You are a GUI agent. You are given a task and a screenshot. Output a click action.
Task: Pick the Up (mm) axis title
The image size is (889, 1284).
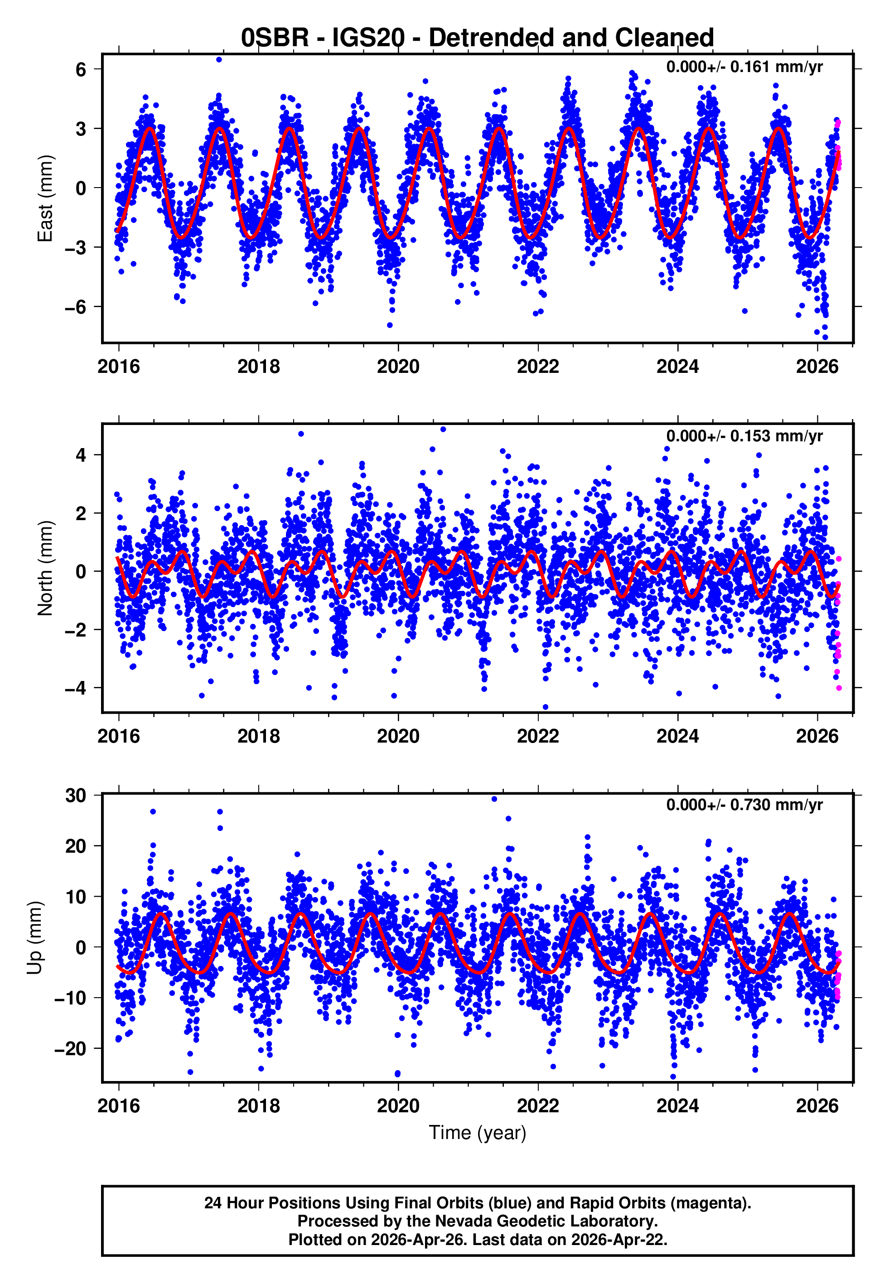coord(34,938)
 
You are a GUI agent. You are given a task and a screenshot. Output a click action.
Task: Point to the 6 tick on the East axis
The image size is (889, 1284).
coord(81,70)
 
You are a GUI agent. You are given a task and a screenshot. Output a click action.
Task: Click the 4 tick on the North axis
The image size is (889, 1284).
coord(81,455)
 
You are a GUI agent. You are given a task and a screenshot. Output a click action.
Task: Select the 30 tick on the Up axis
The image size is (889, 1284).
coord(76,796)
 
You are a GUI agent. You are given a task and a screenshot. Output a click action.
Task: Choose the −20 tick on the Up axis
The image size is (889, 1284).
coord(70,1048)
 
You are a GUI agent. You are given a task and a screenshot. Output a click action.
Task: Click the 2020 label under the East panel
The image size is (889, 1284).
coord(398,367)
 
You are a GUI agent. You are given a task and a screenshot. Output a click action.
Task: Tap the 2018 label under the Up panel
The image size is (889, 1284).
coord(258,1106)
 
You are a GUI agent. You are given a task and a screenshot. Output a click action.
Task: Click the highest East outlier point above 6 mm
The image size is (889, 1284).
coord(219,59)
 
